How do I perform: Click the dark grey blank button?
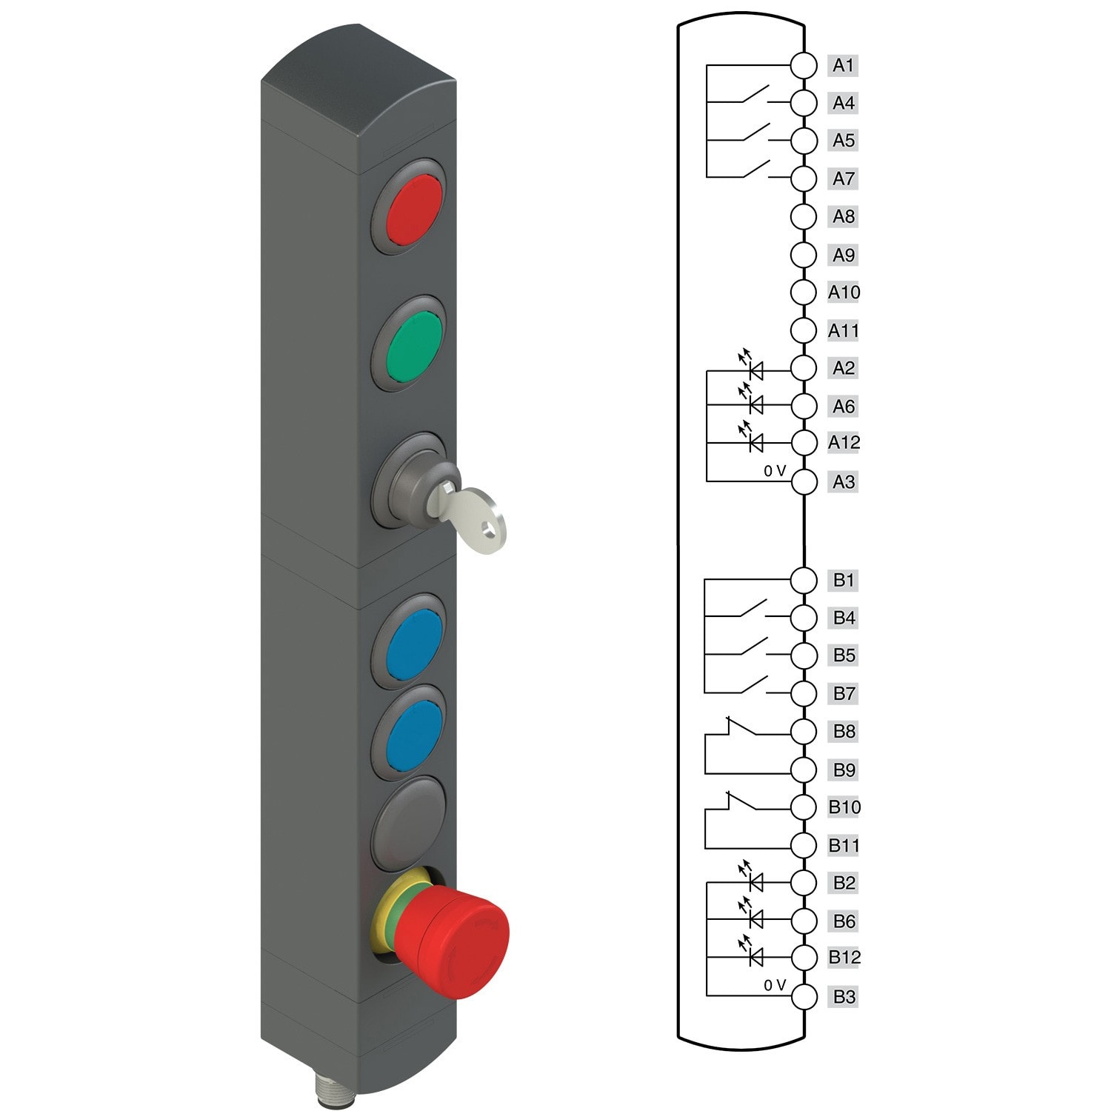point(410,821)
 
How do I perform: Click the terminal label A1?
point(843,65)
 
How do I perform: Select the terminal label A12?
point(844,443)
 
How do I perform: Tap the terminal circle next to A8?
point(804,217)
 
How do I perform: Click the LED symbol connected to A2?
point(755,368)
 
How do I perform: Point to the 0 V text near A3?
point(775,471)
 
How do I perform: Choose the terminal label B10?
point(844,807)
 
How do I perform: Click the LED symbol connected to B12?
point(755,958)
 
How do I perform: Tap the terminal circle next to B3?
point(804,997)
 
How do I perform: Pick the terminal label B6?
point(844,921)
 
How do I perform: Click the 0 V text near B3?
point(775,985)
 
